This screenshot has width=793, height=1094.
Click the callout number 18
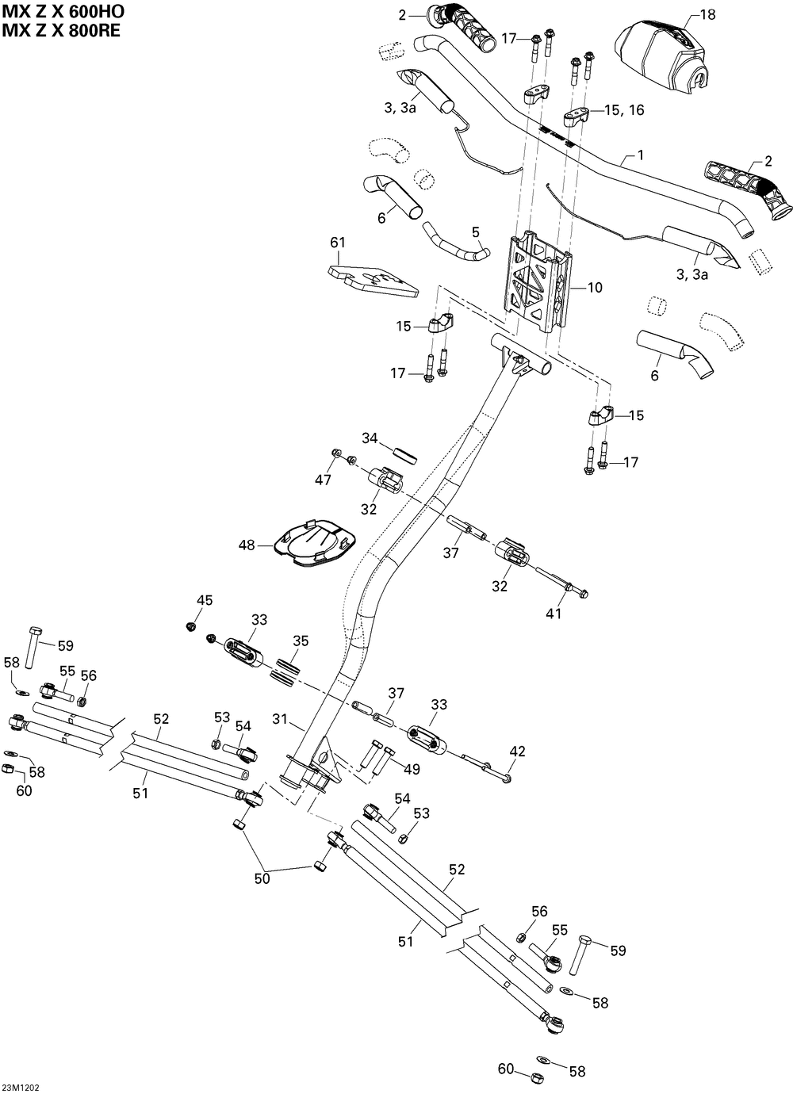(x=707, y=15)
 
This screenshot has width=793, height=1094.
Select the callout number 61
(x=338, y=243)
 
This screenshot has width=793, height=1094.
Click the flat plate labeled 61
(x=373, y=281)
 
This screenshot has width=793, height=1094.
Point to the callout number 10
(x=595, y=288)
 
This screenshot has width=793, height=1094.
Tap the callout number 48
(x=247, y=545)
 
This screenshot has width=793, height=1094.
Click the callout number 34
(x=370, y=438)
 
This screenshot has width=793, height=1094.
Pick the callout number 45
(x=205, y=600)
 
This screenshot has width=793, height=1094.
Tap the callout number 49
(x=412, y=769)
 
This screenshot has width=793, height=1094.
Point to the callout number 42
(x=517, y=752)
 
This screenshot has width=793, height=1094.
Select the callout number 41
(x=554, y=614)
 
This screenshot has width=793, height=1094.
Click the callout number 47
(x=323, y=480)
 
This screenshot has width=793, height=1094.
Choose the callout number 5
(x=476, y=231)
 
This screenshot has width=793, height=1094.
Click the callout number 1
(x=641, y=155)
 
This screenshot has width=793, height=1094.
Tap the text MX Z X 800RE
(x=61, y=30)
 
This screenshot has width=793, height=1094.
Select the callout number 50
(x=262, y=878)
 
